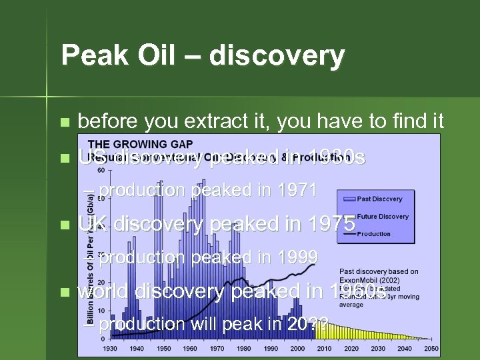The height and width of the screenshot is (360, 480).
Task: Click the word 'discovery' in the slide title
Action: [276, 56]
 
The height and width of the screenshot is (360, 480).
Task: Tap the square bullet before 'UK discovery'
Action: [64, 225]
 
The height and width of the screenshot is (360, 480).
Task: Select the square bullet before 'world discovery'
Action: [64, 292]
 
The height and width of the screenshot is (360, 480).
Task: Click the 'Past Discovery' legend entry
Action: [379, 199]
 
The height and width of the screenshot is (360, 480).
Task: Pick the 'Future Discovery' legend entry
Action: [382, 216]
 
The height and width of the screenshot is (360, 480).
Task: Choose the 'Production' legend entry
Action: [373, 234]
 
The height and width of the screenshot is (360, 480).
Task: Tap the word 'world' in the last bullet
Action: [104, 291]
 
